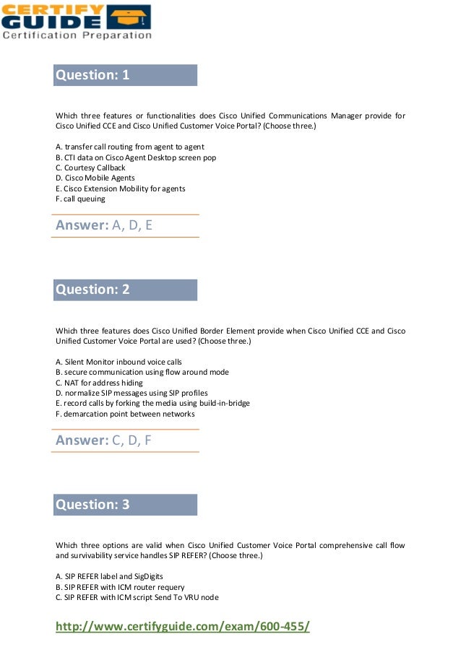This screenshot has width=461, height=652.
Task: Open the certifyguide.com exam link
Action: pyautogui.click(x=183, y=626)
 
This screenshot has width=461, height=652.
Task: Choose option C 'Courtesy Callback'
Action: pyautogui.click(x=90, y=168)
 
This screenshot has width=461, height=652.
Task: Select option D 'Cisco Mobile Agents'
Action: pyautogui.click(x=95, y=178)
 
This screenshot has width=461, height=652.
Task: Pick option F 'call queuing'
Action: pyautogui.click(x=80, y=199)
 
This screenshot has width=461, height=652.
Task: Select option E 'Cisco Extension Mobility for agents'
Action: pyautogui.click(x=120, y=188)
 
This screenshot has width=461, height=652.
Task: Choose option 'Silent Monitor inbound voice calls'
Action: pyautogui.click(x=119, y=362)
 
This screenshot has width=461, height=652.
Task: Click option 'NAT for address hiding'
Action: pyautogui.click(x=99, y=383)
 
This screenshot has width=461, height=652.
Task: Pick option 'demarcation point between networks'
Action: pyautogui.click(x=125, y=414)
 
